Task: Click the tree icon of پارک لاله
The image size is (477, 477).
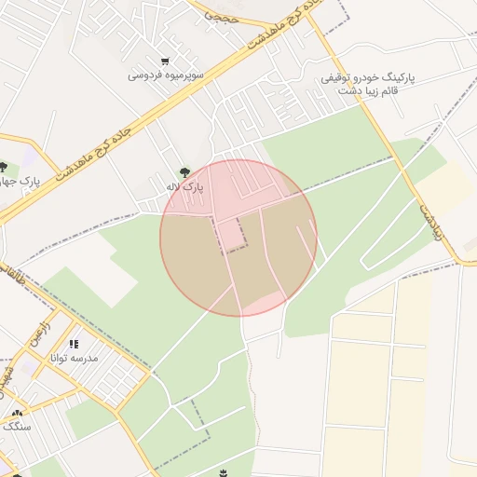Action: click(x=184, y=171)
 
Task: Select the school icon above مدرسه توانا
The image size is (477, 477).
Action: click(x=75, y=344)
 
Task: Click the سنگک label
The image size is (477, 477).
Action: click(x=17, y=426)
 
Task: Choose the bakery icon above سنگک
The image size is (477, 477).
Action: click(x=17, y=413)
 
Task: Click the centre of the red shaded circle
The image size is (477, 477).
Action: click(x=238, y=238)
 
